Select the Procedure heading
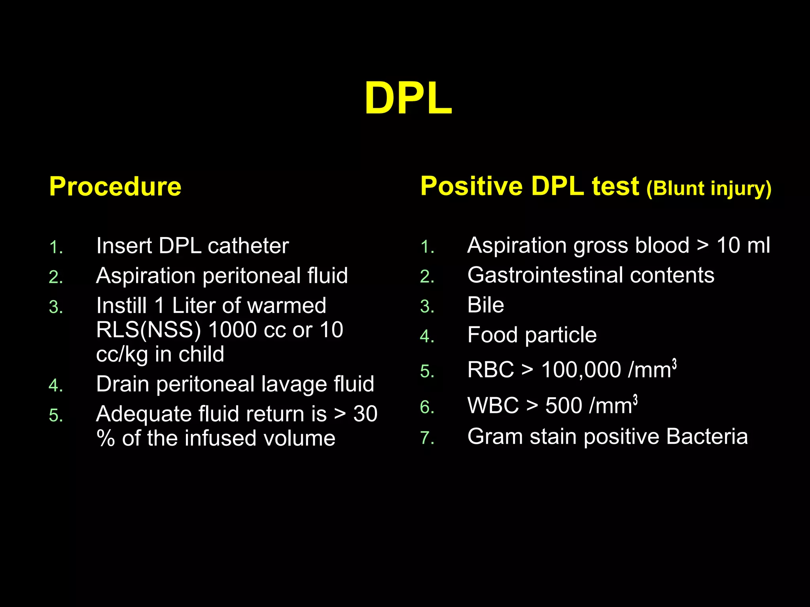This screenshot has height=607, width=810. (115, 187)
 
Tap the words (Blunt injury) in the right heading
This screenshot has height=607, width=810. (709, 189)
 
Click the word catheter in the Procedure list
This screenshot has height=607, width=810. (248, 246)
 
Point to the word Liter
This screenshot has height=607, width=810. (193, 305)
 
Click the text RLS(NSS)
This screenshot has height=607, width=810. (148, 330)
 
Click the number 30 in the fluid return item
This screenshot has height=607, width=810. (365, 414)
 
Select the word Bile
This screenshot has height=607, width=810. (486, 305)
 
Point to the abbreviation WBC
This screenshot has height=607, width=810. (493, 406)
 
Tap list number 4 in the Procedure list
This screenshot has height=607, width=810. (55, 386)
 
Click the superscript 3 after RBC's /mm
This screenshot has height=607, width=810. (674, 364)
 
